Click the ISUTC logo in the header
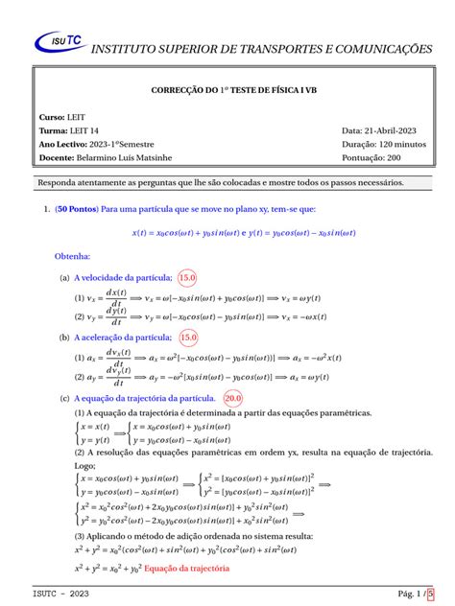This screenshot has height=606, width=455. pyautogui.click(x=59, y=40)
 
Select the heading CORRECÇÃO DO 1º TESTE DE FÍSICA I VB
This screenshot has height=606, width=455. pyautogui.click(x=227, y=89)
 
